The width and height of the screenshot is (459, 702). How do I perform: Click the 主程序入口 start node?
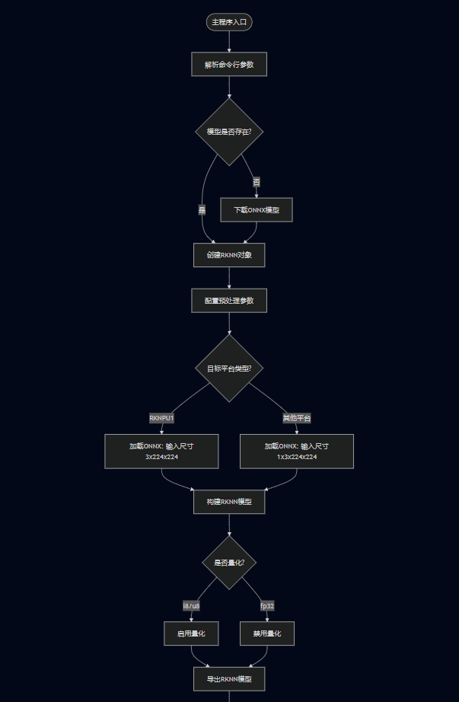229,22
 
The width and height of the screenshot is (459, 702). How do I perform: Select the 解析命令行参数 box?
229,65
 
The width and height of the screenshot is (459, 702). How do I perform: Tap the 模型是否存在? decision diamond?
229,131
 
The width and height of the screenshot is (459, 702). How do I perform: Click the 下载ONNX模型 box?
257,209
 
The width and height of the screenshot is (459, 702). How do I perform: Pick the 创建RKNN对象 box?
229,255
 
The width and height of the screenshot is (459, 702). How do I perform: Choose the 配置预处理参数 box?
229,300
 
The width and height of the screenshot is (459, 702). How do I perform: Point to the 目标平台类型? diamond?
229,369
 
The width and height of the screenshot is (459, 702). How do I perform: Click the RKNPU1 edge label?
161,418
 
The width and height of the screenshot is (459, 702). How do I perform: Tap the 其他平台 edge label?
297,418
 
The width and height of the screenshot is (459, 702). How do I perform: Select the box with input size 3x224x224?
161,451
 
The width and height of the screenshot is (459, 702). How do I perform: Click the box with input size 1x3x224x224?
297,451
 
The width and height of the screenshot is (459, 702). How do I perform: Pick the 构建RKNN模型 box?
229,502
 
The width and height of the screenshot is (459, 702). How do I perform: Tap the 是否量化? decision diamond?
229,563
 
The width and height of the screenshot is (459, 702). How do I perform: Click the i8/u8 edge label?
191,606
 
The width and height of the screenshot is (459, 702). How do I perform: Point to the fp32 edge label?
267,606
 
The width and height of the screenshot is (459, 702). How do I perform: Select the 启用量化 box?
191,633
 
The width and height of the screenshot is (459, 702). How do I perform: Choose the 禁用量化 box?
267,633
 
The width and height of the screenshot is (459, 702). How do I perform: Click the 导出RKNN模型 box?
229,679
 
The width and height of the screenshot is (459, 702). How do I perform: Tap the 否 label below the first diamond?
257,182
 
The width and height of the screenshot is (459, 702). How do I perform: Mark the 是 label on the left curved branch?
202,209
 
